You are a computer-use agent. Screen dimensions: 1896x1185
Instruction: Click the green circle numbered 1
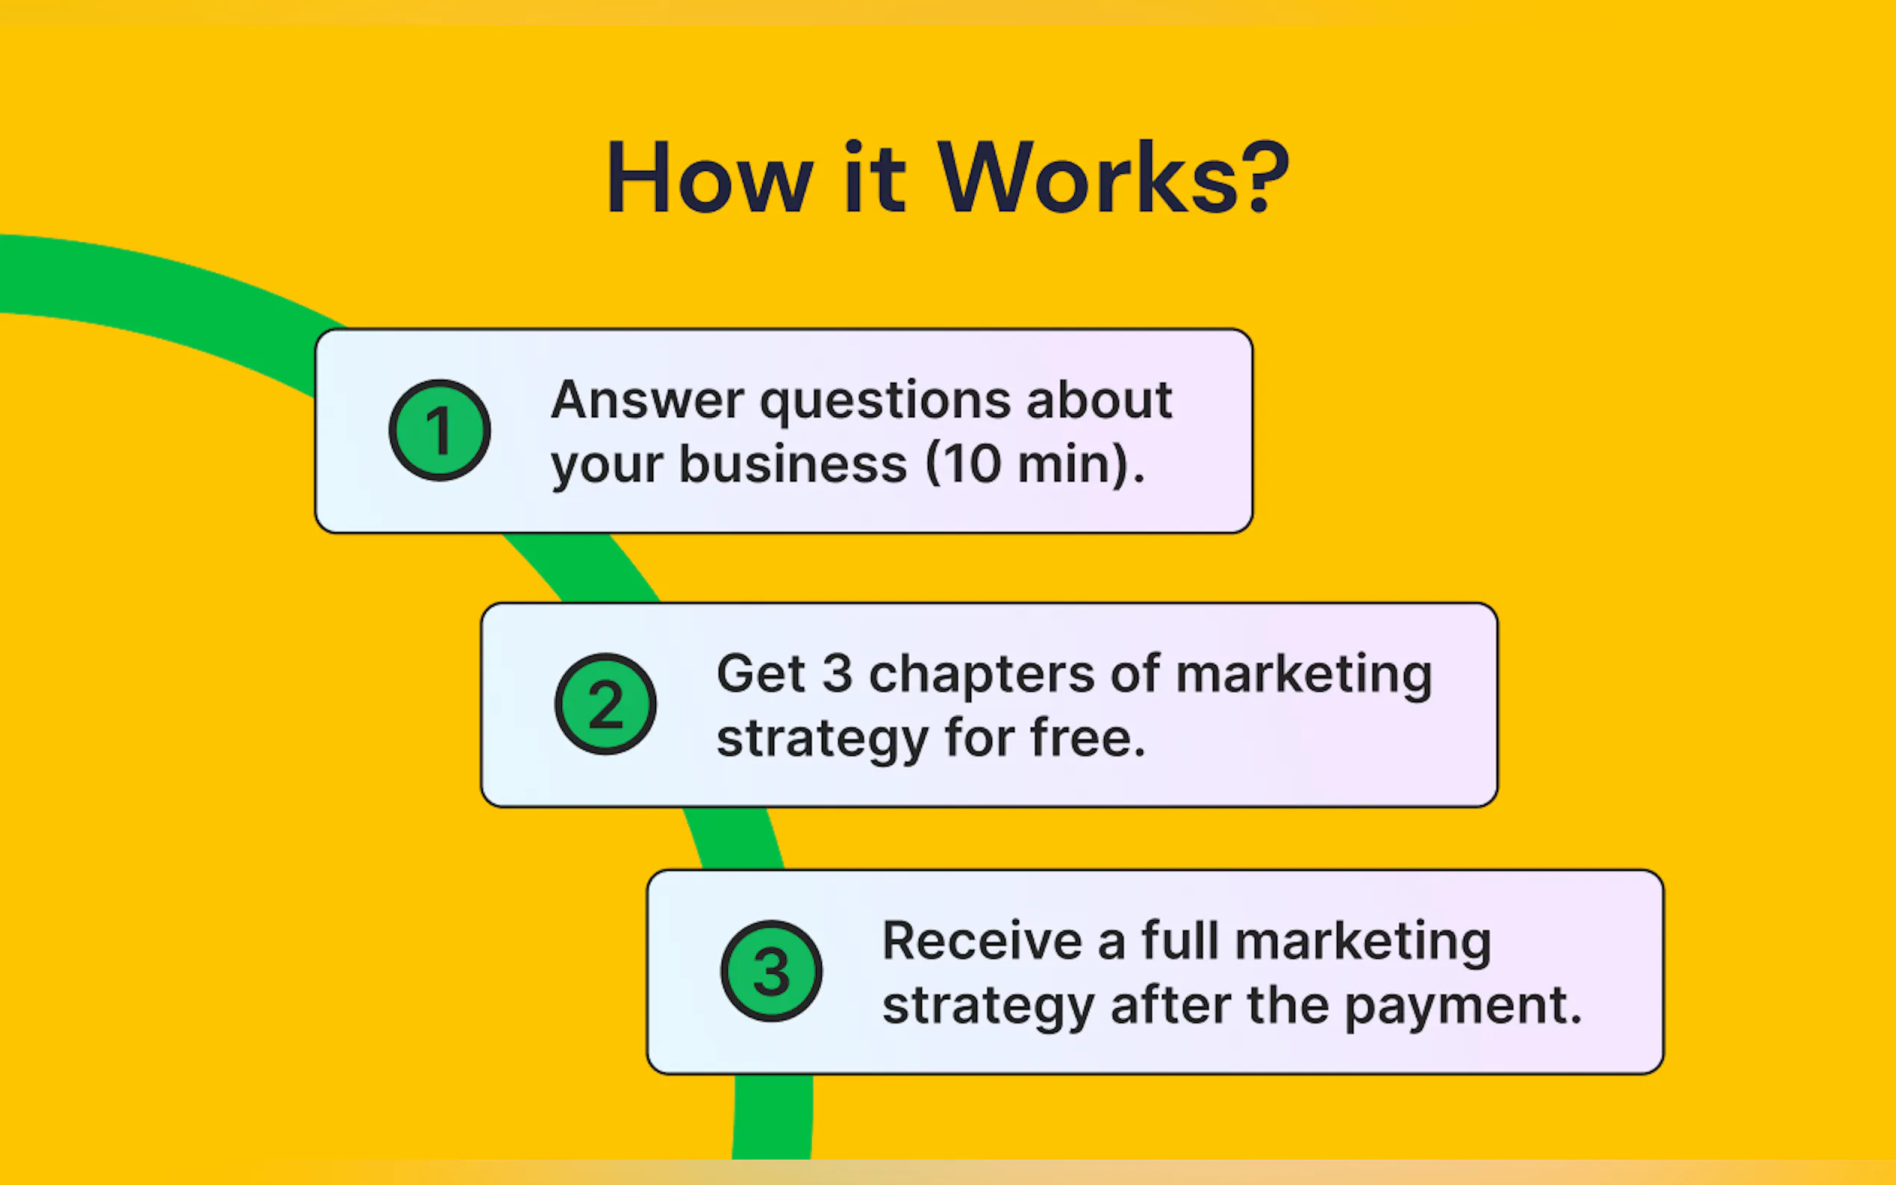(440, 431)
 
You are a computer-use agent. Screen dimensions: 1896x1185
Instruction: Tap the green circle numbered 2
(606, 704)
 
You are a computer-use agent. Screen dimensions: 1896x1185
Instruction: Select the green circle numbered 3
(771, 971)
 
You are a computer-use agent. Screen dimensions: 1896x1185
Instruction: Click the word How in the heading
(709, 177)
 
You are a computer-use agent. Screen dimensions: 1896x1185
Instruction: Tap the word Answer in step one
(647, 400)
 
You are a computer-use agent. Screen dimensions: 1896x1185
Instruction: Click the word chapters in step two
(982, 675)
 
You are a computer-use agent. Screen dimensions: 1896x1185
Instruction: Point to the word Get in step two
(761, 673)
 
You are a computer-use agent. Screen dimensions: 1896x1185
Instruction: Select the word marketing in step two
(1303, 676)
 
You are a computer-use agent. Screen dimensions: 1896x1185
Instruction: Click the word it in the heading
(875, 177)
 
